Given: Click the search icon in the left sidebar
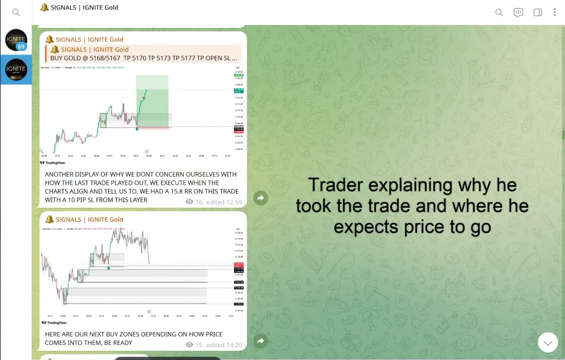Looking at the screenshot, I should pyautogui.click(x=16, y=13).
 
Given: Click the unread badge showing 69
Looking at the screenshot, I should pyautogui.click(x=21, y=47).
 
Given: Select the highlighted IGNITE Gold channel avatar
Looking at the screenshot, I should pyautogui.click(x=16, y=70).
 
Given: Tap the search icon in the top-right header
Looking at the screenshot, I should pyautogui.click(x=499, y=13).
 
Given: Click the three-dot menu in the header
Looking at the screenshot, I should pyautogui.click(x=554, y=13).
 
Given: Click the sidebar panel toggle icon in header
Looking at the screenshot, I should pyautogui.click(x=537, y=13).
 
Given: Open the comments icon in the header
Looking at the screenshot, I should pyautogui.click(x=518, y=13).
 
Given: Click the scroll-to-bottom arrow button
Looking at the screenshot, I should pyautogui.click(x=548, y=343).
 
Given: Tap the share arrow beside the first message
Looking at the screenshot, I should pyautogui.click(x=260, y=198).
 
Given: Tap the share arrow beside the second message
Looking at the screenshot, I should pyautogui.click(x=260, y=341).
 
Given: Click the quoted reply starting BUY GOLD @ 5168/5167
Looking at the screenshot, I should pyautogui.click(x=143, y=54).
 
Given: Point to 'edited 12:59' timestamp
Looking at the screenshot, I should pyautogui.click(x=224, y=202).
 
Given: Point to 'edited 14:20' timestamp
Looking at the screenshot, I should pyautogui.click(x=224, y=345).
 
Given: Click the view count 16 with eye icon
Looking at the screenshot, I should pyautogui.click(x=194, y=202).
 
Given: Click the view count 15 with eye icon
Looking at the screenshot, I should pyautogui.click(x=194, y=345).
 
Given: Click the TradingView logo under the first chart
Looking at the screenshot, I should pyautogui.click(x=54, y=163).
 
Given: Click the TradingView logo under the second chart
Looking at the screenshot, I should pyautogui.click(x=54, y=323).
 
